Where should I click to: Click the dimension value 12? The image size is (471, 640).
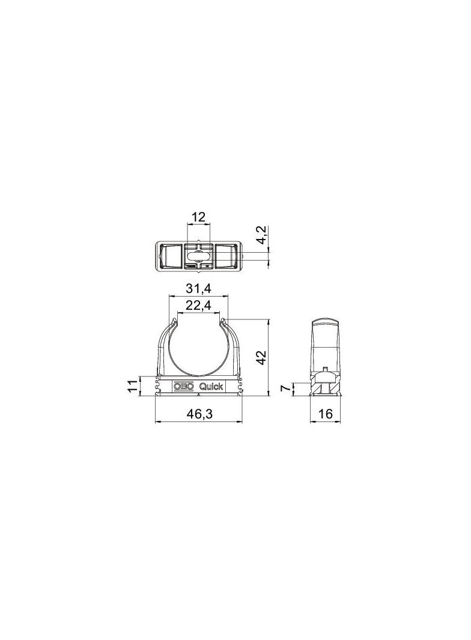click(198, 217)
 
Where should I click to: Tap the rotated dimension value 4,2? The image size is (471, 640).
click(263, 234)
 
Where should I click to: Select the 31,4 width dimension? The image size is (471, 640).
click(198, 289)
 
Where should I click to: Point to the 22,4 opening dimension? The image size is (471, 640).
click(198, 305)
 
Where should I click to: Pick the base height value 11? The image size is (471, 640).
click(132, 385)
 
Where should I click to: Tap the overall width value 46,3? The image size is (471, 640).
click(200, 414)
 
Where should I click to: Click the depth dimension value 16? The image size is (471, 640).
click(325, 414)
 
